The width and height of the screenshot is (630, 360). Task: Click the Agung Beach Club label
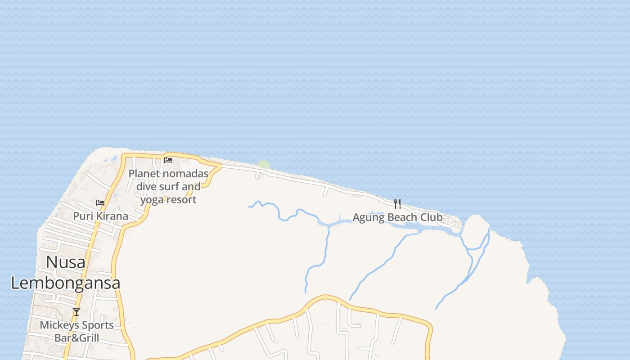397,217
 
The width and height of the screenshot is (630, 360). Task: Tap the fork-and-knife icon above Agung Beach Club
397,204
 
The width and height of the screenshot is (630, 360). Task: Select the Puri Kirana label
100,216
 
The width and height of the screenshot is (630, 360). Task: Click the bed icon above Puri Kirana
100,203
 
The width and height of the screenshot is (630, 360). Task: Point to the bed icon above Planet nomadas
168,160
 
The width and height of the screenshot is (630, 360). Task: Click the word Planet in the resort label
144,174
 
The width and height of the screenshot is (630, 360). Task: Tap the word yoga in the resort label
151,199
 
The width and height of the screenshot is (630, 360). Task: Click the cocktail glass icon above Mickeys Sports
76,311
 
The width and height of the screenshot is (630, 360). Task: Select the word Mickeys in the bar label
57,325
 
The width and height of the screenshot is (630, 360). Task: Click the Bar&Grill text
76,337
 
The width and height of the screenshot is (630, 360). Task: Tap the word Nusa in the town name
66,262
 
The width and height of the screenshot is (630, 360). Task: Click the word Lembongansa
66,283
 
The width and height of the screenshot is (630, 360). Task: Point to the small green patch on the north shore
264,165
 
